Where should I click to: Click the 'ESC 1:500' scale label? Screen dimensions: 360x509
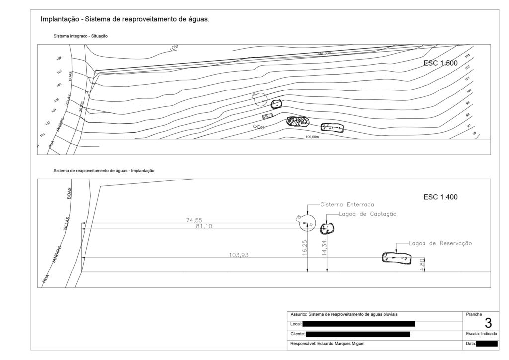pos(440,63)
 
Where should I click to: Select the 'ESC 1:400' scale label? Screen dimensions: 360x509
pos(440,197)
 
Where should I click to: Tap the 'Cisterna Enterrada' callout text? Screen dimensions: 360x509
pos(347,204)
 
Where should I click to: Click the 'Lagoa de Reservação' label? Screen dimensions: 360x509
pos(440,243)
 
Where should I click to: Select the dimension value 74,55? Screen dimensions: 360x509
pos(194,220)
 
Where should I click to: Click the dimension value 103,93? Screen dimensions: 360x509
pos(238,255)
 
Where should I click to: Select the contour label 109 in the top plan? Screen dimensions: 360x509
pos(173,48)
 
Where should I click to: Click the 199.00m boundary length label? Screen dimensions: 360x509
pos(312,137)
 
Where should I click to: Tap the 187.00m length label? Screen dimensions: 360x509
pos(325,53)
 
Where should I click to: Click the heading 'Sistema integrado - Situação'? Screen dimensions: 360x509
pos(81,36)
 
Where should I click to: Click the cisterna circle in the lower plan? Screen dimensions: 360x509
pos(307,223)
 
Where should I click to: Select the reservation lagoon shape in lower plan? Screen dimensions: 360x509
pos(397,258)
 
